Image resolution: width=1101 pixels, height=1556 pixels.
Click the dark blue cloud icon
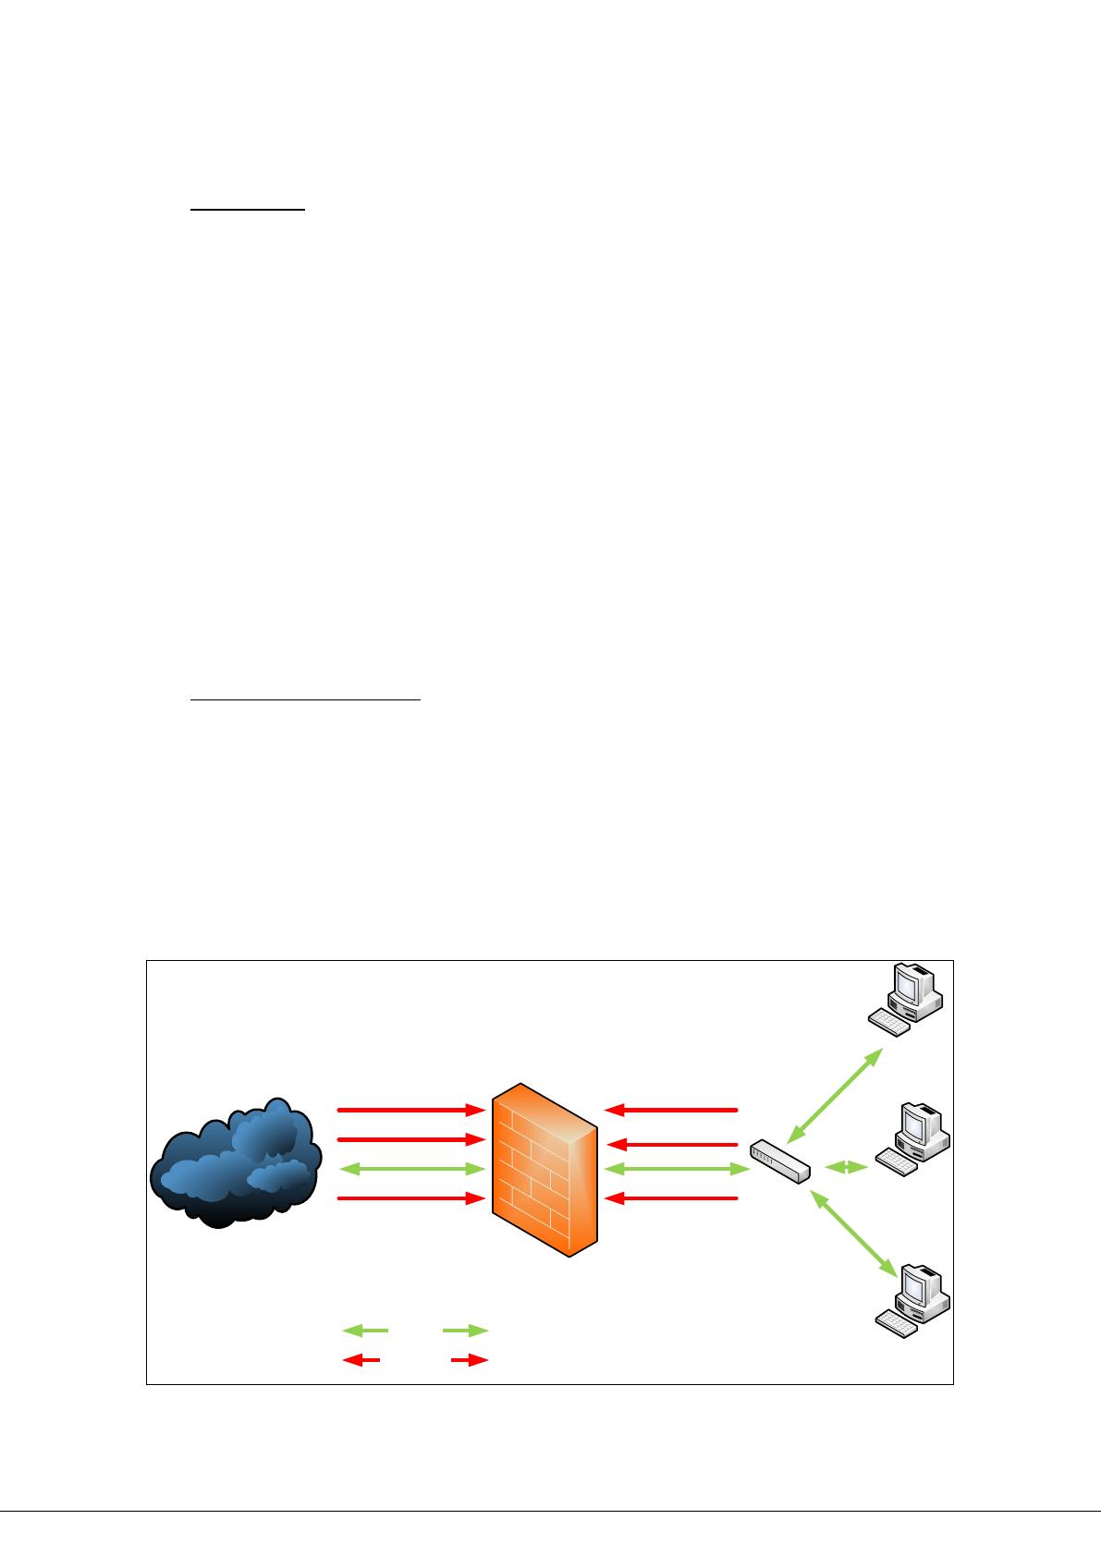pyautogui.click(x=236, y=1164)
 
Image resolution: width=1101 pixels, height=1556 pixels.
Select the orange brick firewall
pyautogui.click(x=544, y=1169)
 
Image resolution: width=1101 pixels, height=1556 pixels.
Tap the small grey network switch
pyautogui.click(x=780, y=1161)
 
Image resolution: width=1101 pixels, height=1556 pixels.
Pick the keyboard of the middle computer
pyautogui.click(x=896, y=1161)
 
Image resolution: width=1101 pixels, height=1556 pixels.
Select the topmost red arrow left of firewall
pyautogui.click(x=411, y=1109)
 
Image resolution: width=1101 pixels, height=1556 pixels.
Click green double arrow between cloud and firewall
pyautogui.click(x=411, y=1170)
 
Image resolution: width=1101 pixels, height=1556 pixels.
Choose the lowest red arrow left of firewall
pyautogui.click(x=411, y=1199)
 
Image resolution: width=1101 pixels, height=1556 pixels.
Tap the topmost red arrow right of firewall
pyautogui.click(x=671, y=1109)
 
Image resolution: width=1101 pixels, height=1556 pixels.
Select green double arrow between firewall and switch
pyautogui.click(x=675, y=1170)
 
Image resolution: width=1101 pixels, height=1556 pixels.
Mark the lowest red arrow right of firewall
pyautogui.click(x=671, y=1199)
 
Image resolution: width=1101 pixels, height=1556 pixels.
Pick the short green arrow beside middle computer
pyautogui.click(x=846, y=1168)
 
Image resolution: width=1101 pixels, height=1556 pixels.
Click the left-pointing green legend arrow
pyautogui.click(x=366, y=1331)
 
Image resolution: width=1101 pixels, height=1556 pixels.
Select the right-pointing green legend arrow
pyautogui.click(x=465, y=1331)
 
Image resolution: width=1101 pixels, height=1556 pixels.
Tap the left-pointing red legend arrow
pyautogui.click(x=361, y=1360)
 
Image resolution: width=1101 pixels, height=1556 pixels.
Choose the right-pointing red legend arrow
pyautogui.click(x=470, y=1360)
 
